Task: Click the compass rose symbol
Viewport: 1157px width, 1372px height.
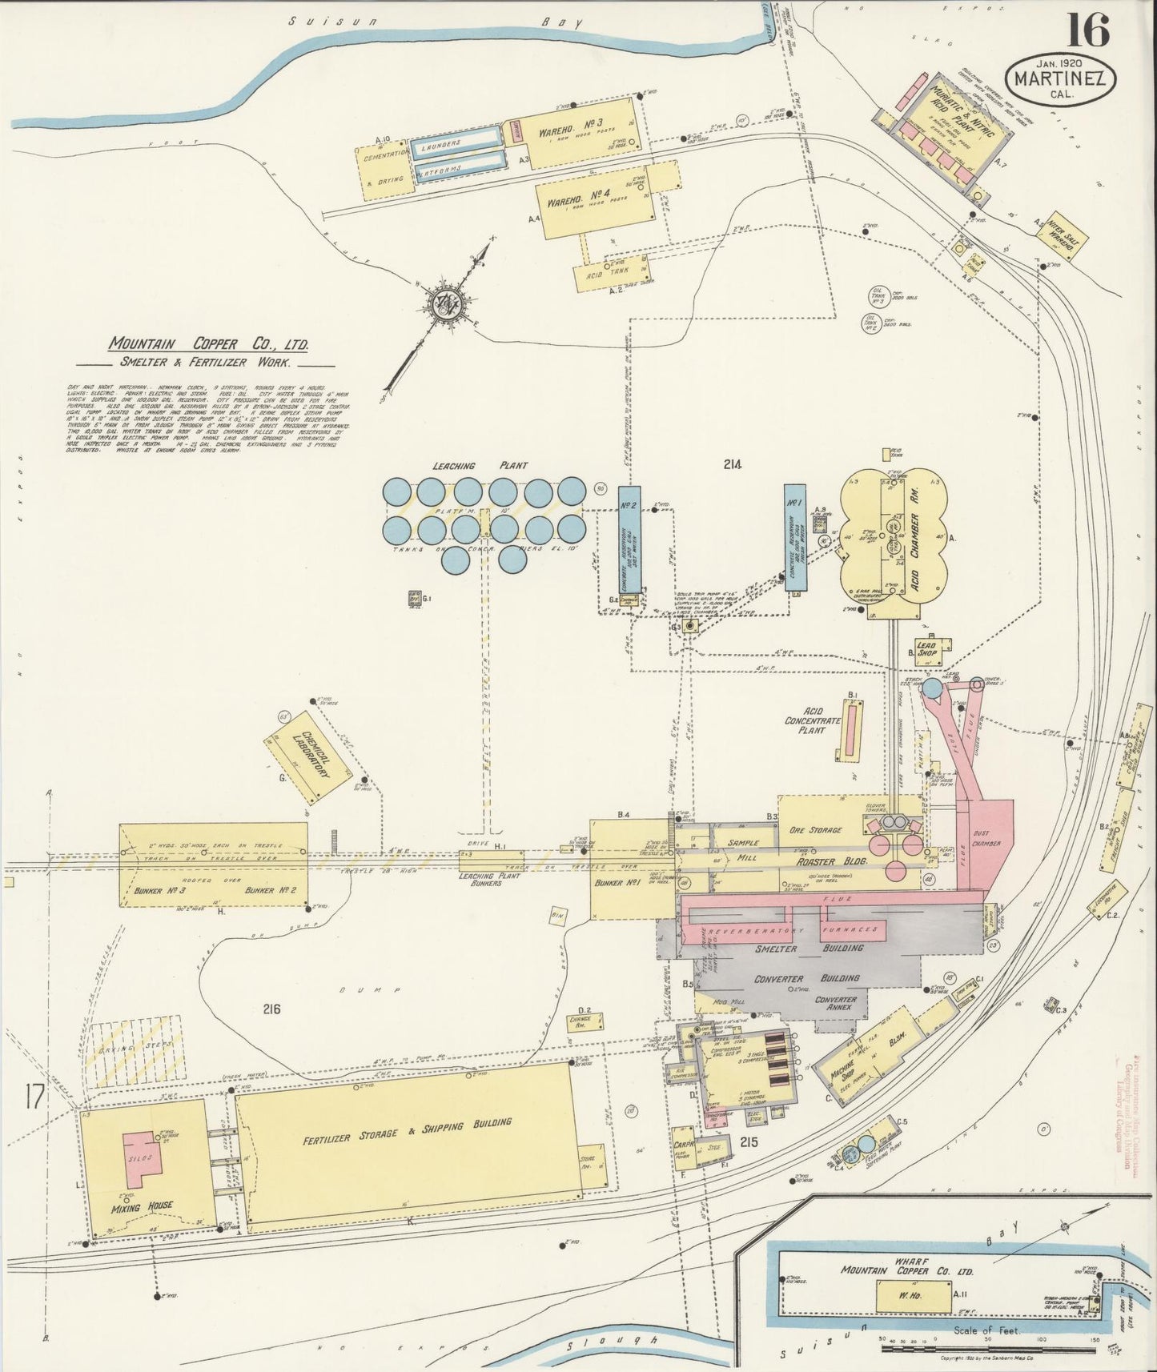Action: pos(445,303)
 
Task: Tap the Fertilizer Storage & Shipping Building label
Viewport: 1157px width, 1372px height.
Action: pos(407,1130)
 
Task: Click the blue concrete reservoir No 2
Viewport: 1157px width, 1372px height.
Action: pos(629,540)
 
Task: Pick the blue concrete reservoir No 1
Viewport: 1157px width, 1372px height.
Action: pos(794,538)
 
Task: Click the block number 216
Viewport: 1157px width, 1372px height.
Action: pos(271,1009)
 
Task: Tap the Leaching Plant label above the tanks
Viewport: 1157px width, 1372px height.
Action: pos(465,466)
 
